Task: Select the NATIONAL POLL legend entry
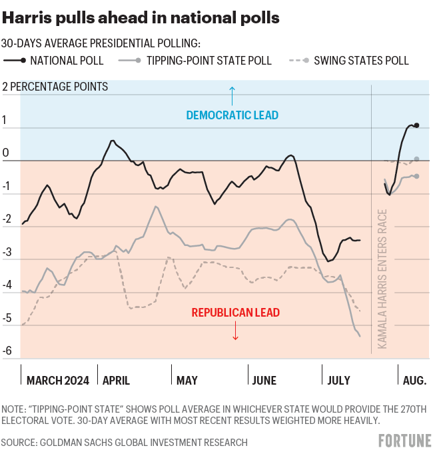[x=57, y=61]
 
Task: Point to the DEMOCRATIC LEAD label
[x=232, y=115]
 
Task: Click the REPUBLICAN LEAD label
[x=235, y=312]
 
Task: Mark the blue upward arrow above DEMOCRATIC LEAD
[x=232, y=95]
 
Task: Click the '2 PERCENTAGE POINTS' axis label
[x=55, y=87]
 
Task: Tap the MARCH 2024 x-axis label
[x=58, y=381]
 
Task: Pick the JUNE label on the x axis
[x=264, y=381]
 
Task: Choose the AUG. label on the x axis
[x=414, y=381]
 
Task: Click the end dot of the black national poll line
[x=416, y=125]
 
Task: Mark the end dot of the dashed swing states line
[x=416, y=159]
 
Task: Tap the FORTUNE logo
[x=404, y=441]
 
